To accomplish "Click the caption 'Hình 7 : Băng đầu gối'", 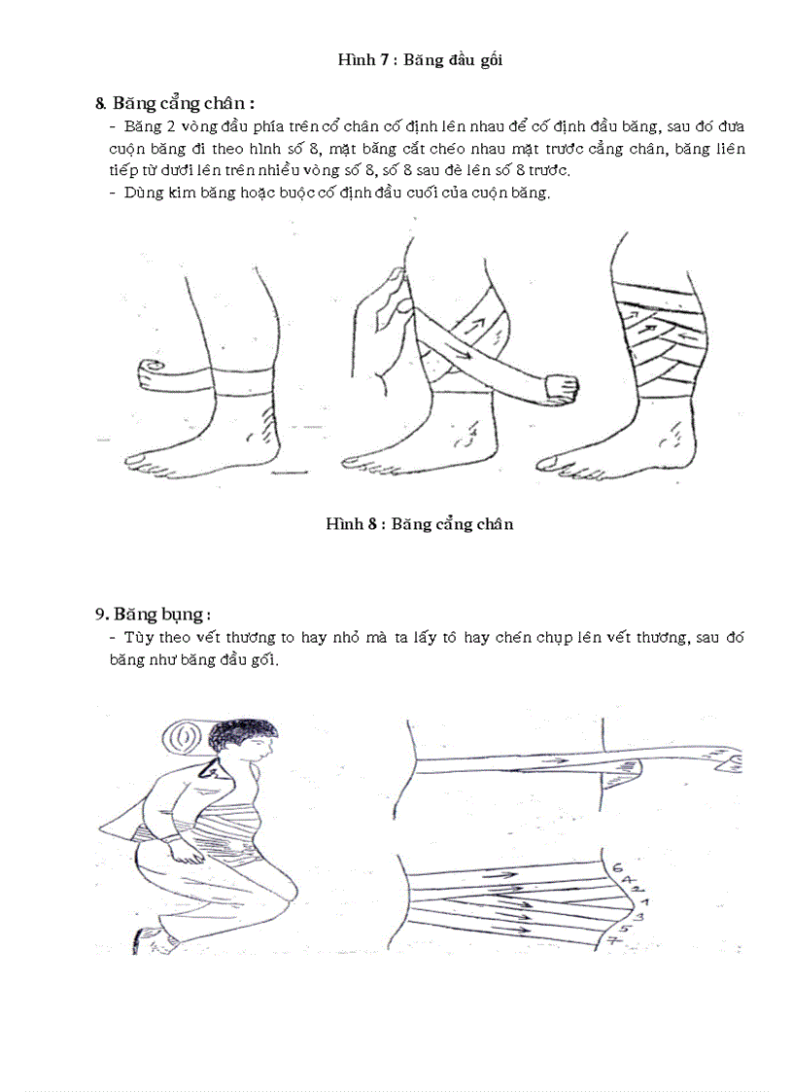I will [x=419, y=60].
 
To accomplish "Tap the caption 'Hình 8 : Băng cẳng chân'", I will [x=419, y=524].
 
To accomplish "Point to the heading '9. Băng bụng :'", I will [x=154, y=615].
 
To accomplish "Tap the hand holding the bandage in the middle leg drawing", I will [x=559, y=385].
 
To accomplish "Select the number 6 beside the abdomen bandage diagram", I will [x=619, y=867].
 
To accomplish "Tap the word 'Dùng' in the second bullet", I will [x=139, y=193].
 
